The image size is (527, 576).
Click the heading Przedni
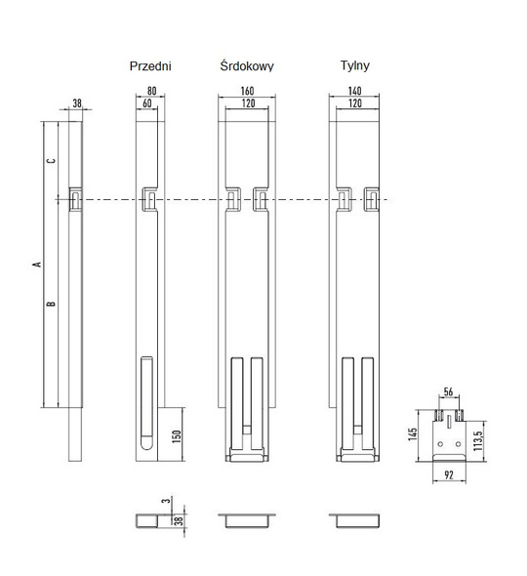pyautogui.click(x=150, y=66)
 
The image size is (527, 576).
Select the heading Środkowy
pyautogui.click(x=247, y=66)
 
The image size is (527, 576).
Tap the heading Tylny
pyautogui.click(x=354, y=66)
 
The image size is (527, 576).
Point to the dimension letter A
pyautogui.click(x=36, y=265)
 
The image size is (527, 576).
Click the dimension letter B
pyautogui.click(x=52, y=304)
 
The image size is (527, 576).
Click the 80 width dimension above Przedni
pyautogui.click(x=150, y=93)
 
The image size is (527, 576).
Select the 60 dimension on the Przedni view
pyautogui.click(x=146, y=103)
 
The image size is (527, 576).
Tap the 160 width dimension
pyautogui.click(x=248, y=93)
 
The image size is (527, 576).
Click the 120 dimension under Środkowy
pyautogui.click(x=248, y=103)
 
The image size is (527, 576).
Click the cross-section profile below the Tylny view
pyautogui.click(x=355, y=519)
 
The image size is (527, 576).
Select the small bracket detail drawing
pyautogui.click(x=451, y=435)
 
